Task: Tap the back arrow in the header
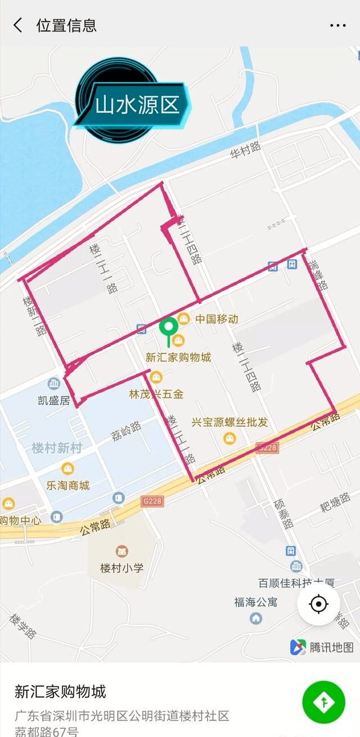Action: [x=18, y=25]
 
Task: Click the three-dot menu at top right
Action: [x=337, y=25]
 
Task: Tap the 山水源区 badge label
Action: [x=137, y=105]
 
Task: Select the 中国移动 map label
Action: [x=217, y=319]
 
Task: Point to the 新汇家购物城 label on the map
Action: [x=178, y=357]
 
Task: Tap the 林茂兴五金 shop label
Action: [x=156, y=394]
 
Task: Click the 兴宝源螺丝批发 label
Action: [x=229, y=422]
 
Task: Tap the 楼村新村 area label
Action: [x=57, y=448]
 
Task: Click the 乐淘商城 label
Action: [x=67, y=485]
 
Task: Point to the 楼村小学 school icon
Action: [x=121, y=551]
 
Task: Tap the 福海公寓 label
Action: [x=256, y=602]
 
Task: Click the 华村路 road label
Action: [x=246, y=150]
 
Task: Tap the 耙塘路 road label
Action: [x=335, y=501]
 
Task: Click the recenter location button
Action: [x=318, y=604]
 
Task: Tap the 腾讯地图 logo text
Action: [x=331, y=648]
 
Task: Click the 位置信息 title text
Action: [x=66, y=25]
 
